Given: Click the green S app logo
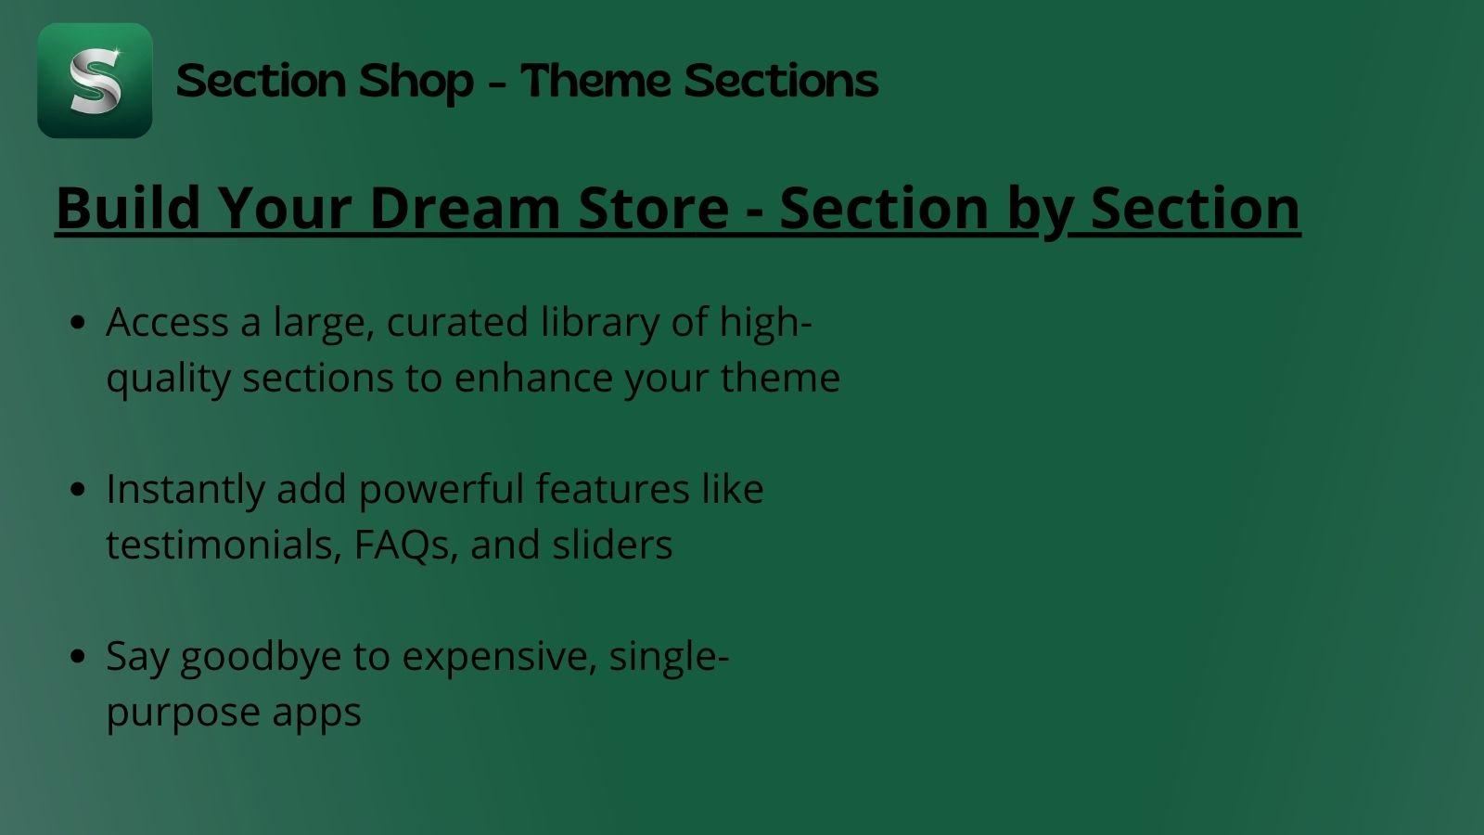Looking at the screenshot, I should click(x=95, y=81).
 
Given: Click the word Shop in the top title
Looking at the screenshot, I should click(x=416, y=81).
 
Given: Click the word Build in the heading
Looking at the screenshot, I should click(x=128, y=207).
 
